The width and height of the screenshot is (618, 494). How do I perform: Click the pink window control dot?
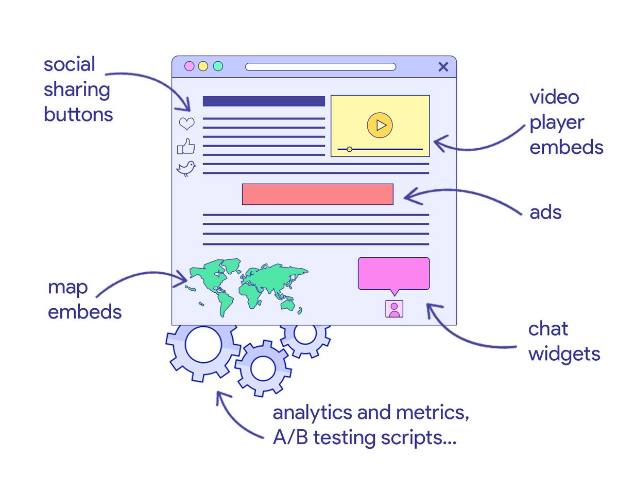coord(190,66)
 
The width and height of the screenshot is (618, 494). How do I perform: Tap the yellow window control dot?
coord(203,66)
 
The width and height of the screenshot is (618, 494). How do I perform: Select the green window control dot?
coord(218,66)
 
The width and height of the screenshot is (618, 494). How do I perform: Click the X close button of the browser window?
coord(443,66)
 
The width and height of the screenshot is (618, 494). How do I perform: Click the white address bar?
coord(320,66)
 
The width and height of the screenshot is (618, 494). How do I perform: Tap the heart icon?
coord(186,124)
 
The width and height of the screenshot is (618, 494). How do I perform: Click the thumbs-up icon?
coord(186,147)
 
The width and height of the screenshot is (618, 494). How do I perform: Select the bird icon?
coord(186,168)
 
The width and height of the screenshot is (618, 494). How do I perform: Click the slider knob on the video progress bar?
coord(349,149)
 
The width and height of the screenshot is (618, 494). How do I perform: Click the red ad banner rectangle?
coord(317,194)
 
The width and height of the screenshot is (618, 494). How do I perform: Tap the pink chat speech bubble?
coord(393,273)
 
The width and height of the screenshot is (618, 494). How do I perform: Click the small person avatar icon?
coord(394,309)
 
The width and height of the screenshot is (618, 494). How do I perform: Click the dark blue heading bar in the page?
coord(264,101)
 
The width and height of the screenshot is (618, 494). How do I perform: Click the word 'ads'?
coord(545,212)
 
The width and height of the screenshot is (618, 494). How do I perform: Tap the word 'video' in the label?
coord(554,97)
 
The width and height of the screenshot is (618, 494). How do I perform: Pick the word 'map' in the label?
coord(68,288)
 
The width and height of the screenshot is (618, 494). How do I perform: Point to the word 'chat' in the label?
coord(548,329)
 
